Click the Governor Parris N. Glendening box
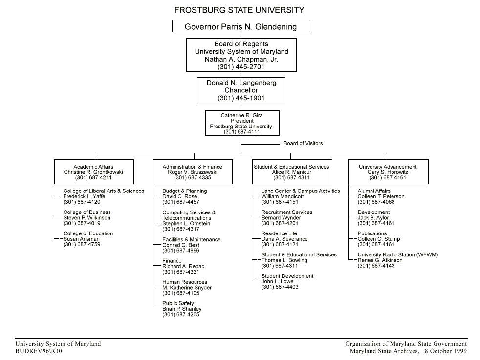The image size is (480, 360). [240, 26]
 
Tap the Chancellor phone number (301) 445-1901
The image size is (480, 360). [241, 98]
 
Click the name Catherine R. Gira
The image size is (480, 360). [242, 115]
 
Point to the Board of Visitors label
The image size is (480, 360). [303, 144]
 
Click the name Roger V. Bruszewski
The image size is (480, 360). [193, 172]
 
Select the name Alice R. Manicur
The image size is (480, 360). [291, 172]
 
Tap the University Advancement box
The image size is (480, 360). [388, 172]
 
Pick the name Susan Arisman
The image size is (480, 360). [81, 239]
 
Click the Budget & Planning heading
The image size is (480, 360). [184, 191]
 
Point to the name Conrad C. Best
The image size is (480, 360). [181, 245]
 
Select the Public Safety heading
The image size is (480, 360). [178, 303]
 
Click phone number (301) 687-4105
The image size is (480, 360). [181, 293]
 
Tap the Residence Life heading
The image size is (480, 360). [279, 233]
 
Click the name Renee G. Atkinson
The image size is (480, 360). [380, 260]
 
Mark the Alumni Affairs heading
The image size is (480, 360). [374, 191]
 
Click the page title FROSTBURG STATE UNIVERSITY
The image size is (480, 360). [240, 10]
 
